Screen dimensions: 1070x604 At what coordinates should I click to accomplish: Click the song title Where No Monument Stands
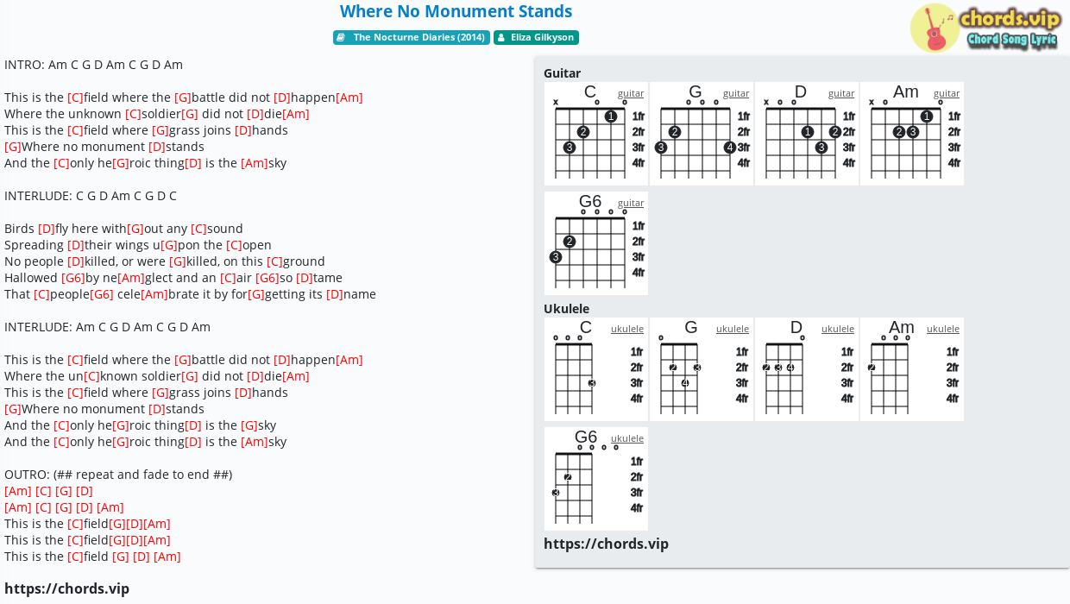pyautogui.click(x=456, y=11)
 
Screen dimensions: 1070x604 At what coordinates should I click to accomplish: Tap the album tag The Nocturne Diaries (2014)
pyautogui.click(x=412, y=37)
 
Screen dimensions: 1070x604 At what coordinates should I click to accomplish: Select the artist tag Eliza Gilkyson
pyautogui.click(x=536, y=37)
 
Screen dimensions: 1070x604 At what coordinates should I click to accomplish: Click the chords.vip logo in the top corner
pyautogui.click(x=986, y=28)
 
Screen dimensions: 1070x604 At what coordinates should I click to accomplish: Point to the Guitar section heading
pyautogui.click(x=563, y=73)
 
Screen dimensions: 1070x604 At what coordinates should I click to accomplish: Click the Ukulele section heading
pyautogui.click(x=567, y=308)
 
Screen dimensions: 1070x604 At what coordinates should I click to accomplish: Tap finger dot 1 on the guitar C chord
pyautogui.click(x=610, y=116)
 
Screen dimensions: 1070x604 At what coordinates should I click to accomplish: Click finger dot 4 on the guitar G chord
pyautogui.click(x=729, y=148)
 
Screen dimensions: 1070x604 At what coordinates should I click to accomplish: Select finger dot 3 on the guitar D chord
pyautogui.click(x=821, y=148)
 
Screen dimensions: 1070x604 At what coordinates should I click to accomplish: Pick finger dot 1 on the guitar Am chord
pyautogui.click(x=926, y=116)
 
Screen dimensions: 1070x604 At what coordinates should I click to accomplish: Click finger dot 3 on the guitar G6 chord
pyautogui.click(x=555, y=257)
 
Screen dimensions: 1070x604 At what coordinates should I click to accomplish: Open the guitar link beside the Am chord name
pyautogui.click(x=947, y=93)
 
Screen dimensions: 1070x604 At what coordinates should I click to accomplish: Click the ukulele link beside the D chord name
pyautogui.click(x=837, y=329)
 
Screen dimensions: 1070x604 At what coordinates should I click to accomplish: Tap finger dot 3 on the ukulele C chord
pyautogui.click(x=592, y=383)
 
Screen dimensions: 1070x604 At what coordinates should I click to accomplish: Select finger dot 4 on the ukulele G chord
pyautogui.click(x=685, y=383)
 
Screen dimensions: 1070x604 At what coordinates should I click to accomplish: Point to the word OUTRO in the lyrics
pyautogui.click(x=26, y=475)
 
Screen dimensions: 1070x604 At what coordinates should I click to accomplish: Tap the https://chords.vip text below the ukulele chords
pyautogui.click(x=606, y=544)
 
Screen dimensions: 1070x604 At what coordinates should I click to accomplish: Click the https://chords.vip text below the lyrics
pyautogui.click(x=66, y=588)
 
